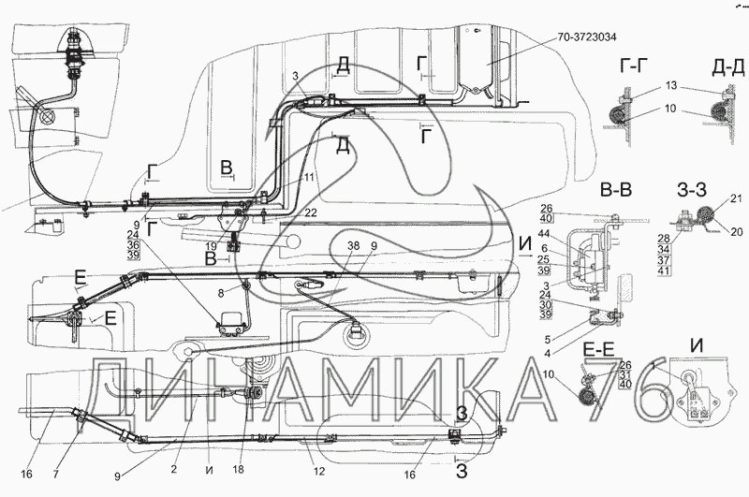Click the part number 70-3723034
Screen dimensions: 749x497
tap(587, 37)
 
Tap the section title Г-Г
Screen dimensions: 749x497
tap(635, 67)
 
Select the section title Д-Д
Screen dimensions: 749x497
tap(728, 68)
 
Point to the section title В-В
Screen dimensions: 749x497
tap(615, 190)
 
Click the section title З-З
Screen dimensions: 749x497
tap(692, 190)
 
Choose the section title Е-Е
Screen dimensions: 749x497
tap(598, 351)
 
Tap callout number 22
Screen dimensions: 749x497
tap(311, 213)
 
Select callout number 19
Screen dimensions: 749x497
tap(212, 247)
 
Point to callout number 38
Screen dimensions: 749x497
tap(353, 245)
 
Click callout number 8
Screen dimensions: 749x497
tap(221, 294)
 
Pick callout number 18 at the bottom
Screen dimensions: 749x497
tap(238, 469)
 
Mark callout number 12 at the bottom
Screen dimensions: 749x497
tap(319, 472)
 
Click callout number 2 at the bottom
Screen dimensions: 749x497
tap(173, 469)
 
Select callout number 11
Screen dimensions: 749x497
tap(309, 178)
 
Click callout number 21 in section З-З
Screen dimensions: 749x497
tap(737, 198)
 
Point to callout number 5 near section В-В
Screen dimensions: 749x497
tap(547, 340)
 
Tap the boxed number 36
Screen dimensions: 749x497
tap(133, 245)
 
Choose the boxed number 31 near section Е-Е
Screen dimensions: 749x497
tap(624, 375)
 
